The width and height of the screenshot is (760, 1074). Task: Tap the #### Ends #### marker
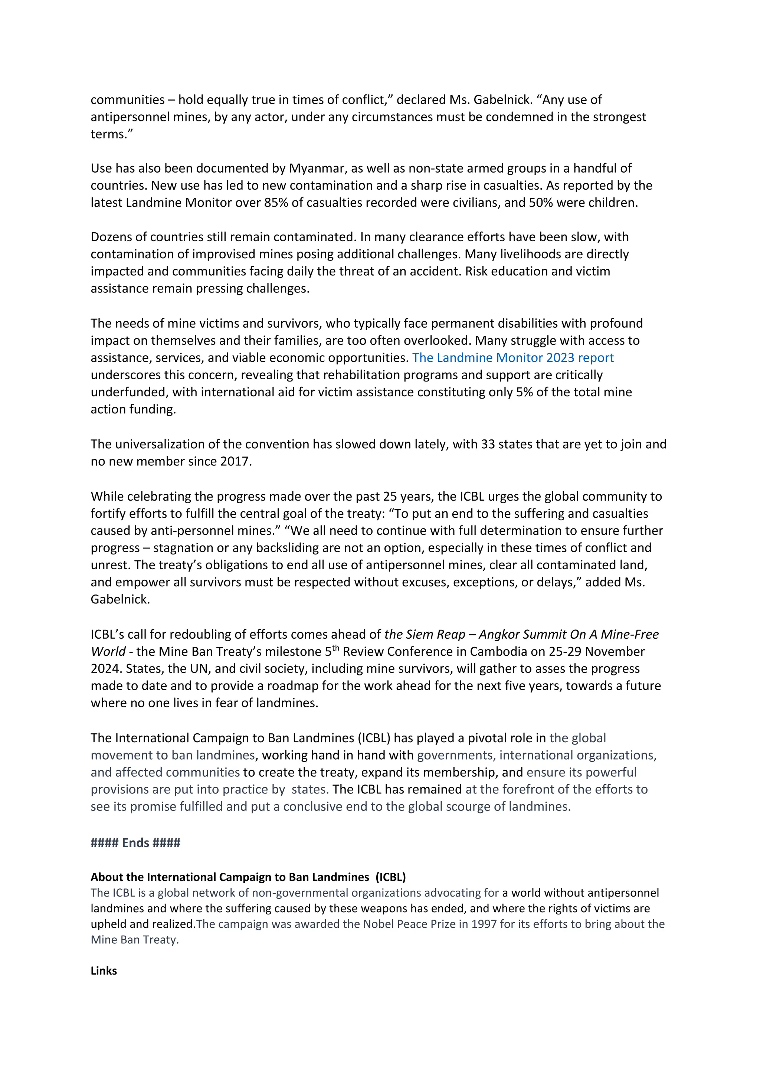coord(135,843)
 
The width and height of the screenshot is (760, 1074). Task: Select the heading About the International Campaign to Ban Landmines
coord(248,877)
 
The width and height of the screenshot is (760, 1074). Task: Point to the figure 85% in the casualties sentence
coord(276,203)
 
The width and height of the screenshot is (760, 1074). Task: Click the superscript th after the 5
coord(335,648)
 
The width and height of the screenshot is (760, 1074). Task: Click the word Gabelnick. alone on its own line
coord(120,599)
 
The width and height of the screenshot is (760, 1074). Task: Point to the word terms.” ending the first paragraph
coord(112,134)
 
